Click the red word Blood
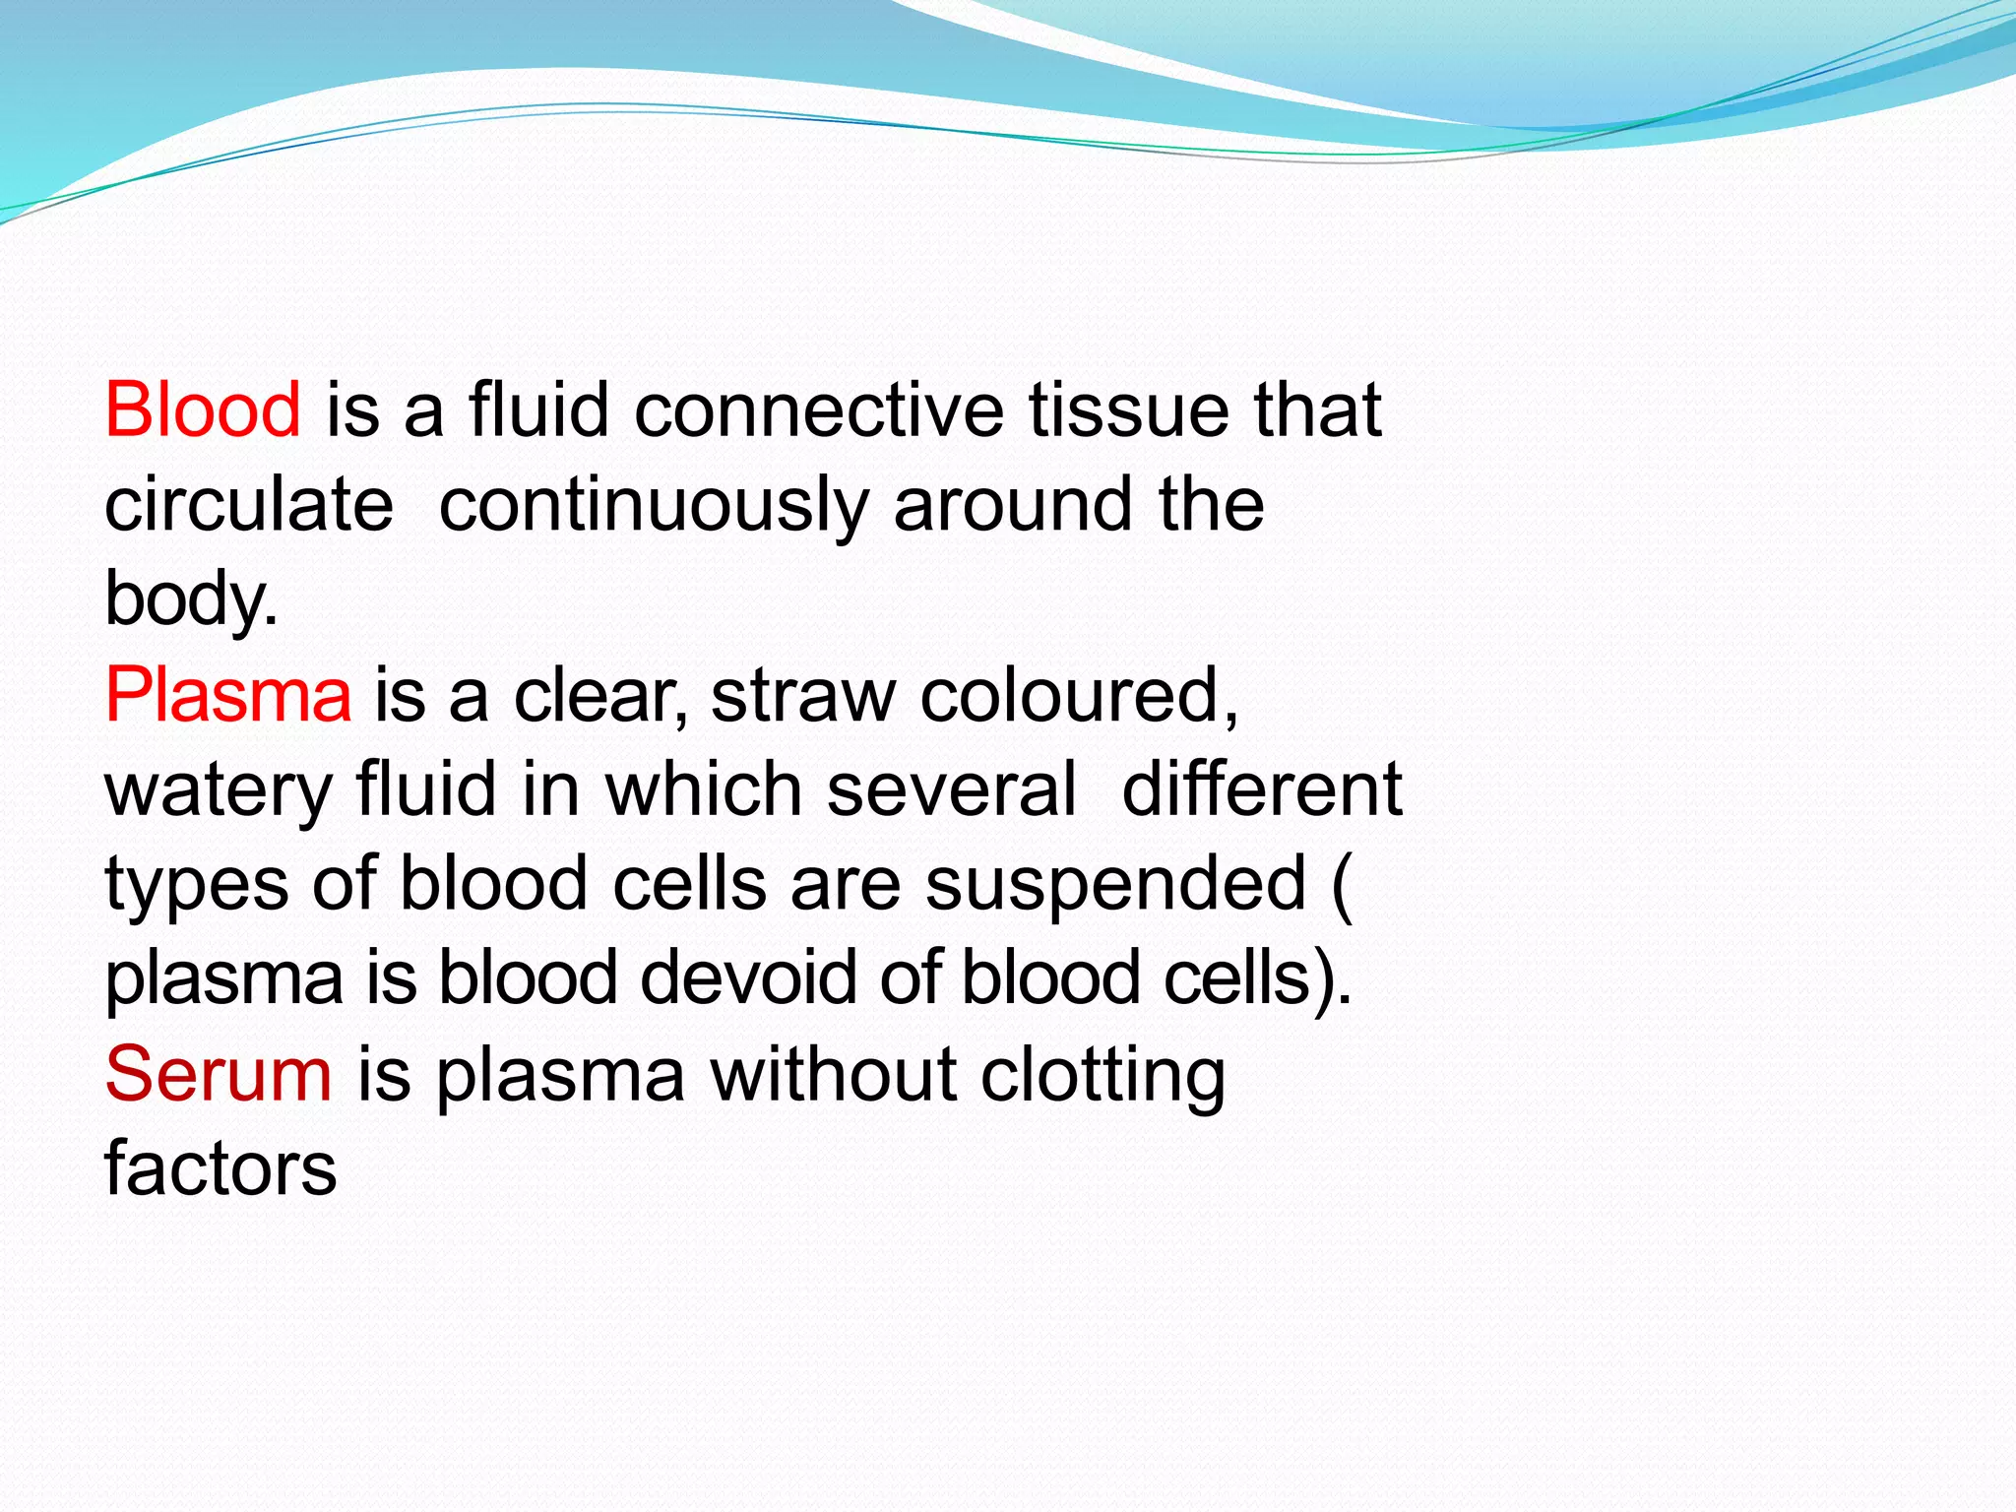203,409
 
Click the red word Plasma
227,695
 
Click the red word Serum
219,1074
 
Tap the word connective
818,409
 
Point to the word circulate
249,504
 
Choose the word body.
190,600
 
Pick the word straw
802,695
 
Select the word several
951,789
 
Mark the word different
1262,789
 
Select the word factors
220,1168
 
